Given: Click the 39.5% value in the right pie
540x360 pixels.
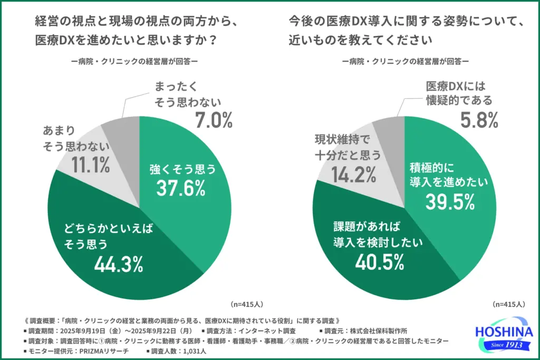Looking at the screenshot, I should (449, 201).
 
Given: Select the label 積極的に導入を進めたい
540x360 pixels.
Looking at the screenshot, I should (449, 174).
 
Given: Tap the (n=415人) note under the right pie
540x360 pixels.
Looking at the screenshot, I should (509, 305).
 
